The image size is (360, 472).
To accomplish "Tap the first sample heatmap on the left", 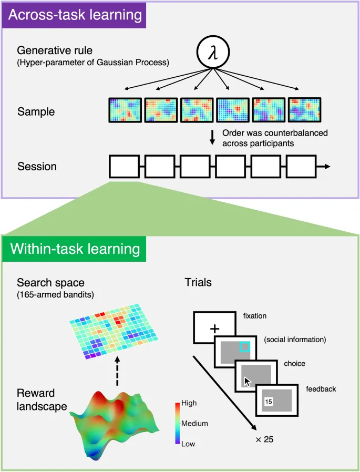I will [125, 110].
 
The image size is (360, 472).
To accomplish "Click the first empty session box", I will [125, 166].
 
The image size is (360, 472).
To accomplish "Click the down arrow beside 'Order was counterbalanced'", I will [212, 138].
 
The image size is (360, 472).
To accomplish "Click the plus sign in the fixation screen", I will [214, 329].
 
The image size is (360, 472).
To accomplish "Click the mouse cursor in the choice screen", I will [248, 381].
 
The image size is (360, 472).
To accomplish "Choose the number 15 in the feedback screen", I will [269, 402].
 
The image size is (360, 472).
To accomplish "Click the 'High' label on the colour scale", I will [188, 404].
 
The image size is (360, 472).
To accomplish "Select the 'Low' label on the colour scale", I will [188, 444].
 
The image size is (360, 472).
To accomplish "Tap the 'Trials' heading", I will [198, 282].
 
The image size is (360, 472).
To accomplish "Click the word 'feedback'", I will [321, 389].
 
